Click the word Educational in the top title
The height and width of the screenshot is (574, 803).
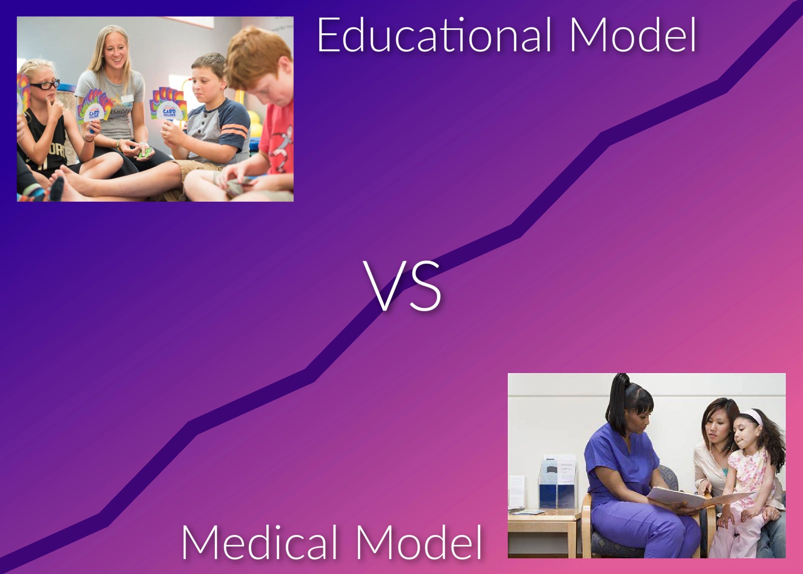tap(434, 35)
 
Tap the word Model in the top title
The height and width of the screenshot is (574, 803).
tap(633, 35)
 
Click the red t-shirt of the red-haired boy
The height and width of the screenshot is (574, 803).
tap(277, 142)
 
